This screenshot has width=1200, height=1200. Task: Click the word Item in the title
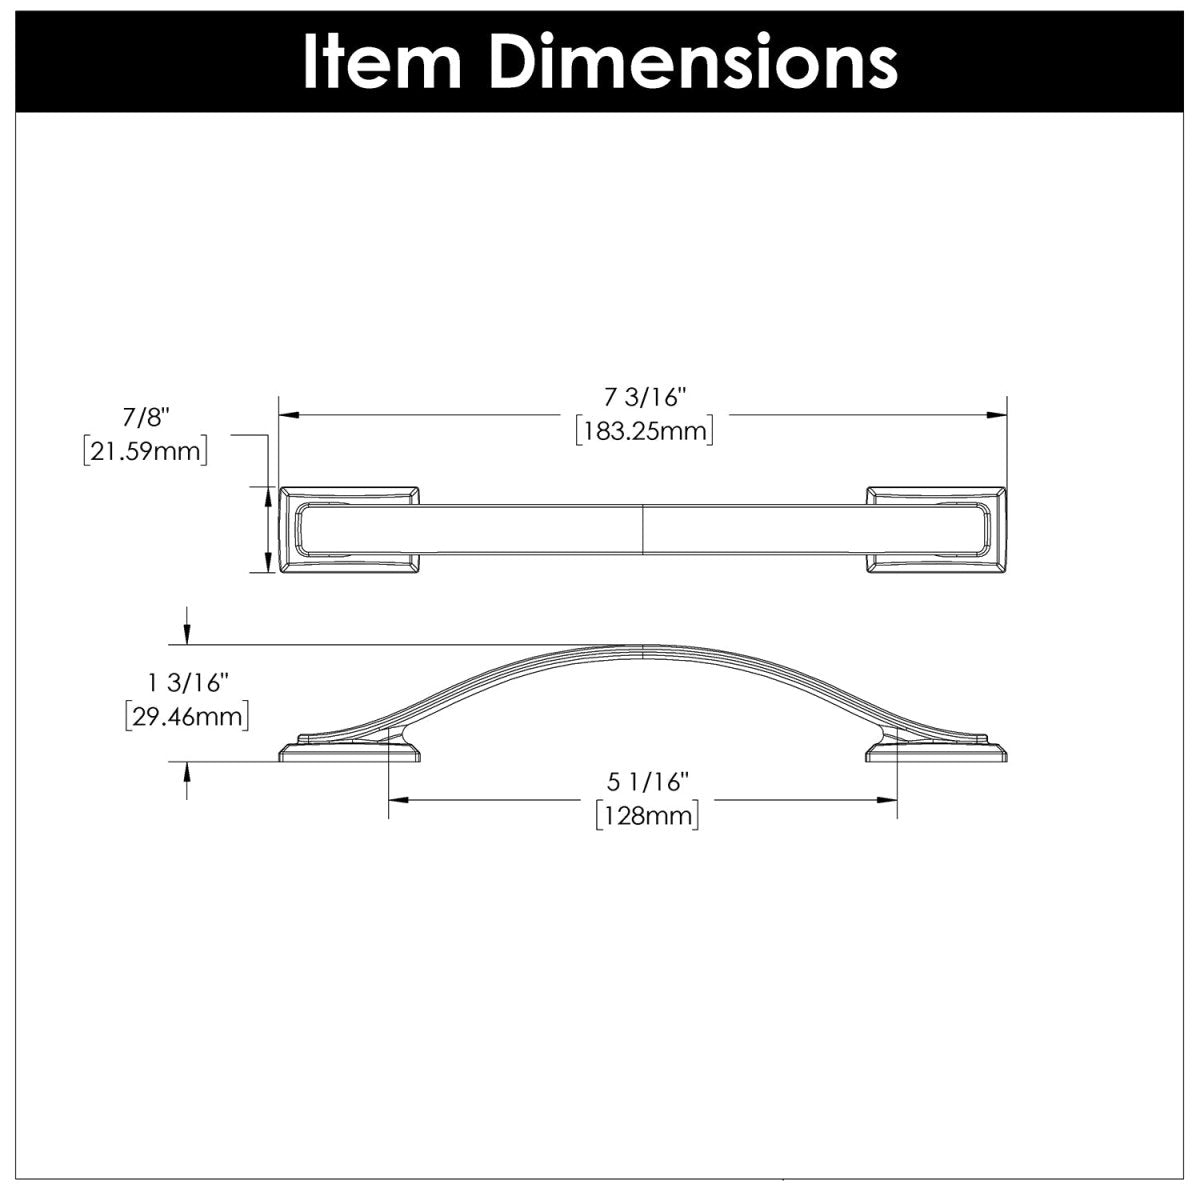[381, 62]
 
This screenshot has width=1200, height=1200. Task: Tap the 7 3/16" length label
[643, 398]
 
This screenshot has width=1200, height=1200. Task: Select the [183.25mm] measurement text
[643, 432]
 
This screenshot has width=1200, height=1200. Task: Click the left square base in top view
[350, 531]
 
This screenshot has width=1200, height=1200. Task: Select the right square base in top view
[936, 531]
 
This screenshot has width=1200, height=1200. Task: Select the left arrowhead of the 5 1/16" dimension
[396, 799]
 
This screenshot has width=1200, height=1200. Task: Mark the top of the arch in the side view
[641, 648]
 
